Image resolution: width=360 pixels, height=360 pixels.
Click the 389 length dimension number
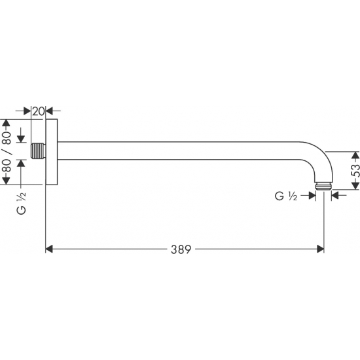(181, 249)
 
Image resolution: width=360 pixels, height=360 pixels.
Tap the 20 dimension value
(38, 111)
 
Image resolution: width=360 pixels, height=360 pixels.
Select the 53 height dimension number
(355, 170)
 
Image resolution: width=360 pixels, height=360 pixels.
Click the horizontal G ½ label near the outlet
(286, 196)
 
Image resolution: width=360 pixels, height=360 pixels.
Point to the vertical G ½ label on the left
(22, 203)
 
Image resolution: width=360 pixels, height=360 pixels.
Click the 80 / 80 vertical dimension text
(7, 152)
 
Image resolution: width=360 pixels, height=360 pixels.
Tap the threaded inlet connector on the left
(39, 151)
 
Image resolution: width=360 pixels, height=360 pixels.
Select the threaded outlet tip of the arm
(323, 179)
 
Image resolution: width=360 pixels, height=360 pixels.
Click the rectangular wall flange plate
(52, 152)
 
